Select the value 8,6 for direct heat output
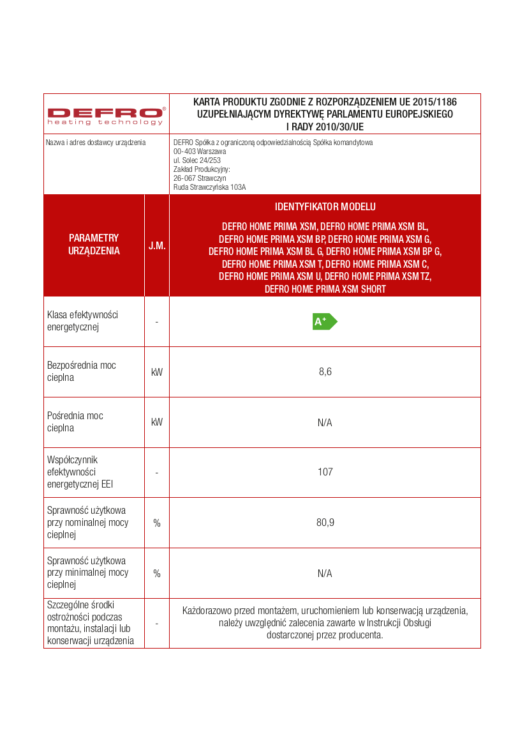tap(325, 372)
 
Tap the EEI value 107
tap(325, 472)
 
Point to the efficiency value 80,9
tap(325, 523)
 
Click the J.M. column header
tap(157, 245)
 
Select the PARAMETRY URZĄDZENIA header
tap(94, 245)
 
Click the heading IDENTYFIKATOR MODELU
tap(325, 207)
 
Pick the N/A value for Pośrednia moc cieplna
tap(325, 422)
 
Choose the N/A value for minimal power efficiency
tap(325, 573)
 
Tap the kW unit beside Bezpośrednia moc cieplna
tap(157, 372)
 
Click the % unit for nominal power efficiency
tap(157, 523)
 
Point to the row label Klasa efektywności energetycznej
tap(83, 321)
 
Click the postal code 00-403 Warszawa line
tap(200, 151)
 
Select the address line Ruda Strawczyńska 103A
tap(209, 187)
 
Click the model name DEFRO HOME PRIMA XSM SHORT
tap(325, 289)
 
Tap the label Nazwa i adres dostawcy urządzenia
tap(96, 142)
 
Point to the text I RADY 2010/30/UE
tap(325, 127)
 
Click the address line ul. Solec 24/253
tap(197, 160)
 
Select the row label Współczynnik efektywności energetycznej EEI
tap(79, 472)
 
